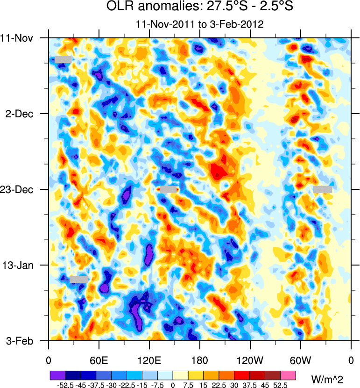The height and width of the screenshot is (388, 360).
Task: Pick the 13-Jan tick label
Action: click(x=20, y=265)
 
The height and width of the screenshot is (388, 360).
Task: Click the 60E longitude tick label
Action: click(x=99, y=361)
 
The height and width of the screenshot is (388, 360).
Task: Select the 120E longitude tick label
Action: click(x=149, y=361)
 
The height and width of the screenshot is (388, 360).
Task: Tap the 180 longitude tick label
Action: click(x=200, y=361)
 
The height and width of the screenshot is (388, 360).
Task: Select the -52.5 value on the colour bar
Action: click(x=65, y=385)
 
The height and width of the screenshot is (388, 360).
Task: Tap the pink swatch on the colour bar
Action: click(x=288, y=375)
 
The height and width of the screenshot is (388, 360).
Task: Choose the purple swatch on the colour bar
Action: click(x=57, y=375)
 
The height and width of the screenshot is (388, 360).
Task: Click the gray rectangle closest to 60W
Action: click(x=323, y=189)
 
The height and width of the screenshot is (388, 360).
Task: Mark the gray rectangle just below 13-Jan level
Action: click(x=79, y=279)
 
